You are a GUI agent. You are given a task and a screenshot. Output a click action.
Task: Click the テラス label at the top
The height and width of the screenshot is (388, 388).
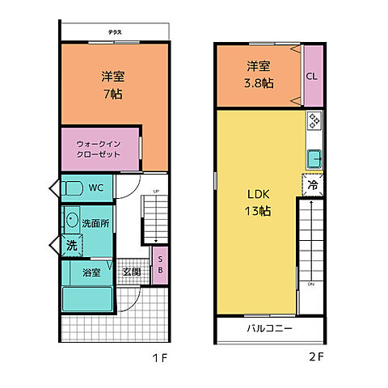coord(115,32)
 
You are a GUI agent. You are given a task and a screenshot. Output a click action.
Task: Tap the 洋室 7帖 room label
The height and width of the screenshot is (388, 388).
coord(113,84)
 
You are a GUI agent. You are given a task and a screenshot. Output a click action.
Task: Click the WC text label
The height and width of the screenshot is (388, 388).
coord(96,188)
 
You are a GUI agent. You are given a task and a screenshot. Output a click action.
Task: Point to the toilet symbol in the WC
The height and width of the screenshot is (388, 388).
coord(72,188)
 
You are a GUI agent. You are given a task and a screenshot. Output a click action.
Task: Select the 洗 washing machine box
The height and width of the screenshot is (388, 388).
coord(70,244)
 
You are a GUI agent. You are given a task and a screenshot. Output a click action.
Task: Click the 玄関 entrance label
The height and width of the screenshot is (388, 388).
coord(132,272)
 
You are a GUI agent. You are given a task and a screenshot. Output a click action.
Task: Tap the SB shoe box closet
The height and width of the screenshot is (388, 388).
coord(159,264)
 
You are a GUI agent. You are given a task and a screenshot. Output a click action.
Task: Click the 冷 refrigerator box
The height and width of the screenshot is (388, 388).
coord(312,184)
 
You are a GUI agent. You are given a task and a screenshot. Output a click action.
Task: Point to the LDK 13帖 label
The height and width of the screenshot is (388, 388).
coord(259,202)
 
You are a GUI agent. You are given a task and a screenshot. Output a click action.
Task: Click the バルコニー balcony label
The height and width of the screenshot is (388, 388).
coord(269,329)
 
